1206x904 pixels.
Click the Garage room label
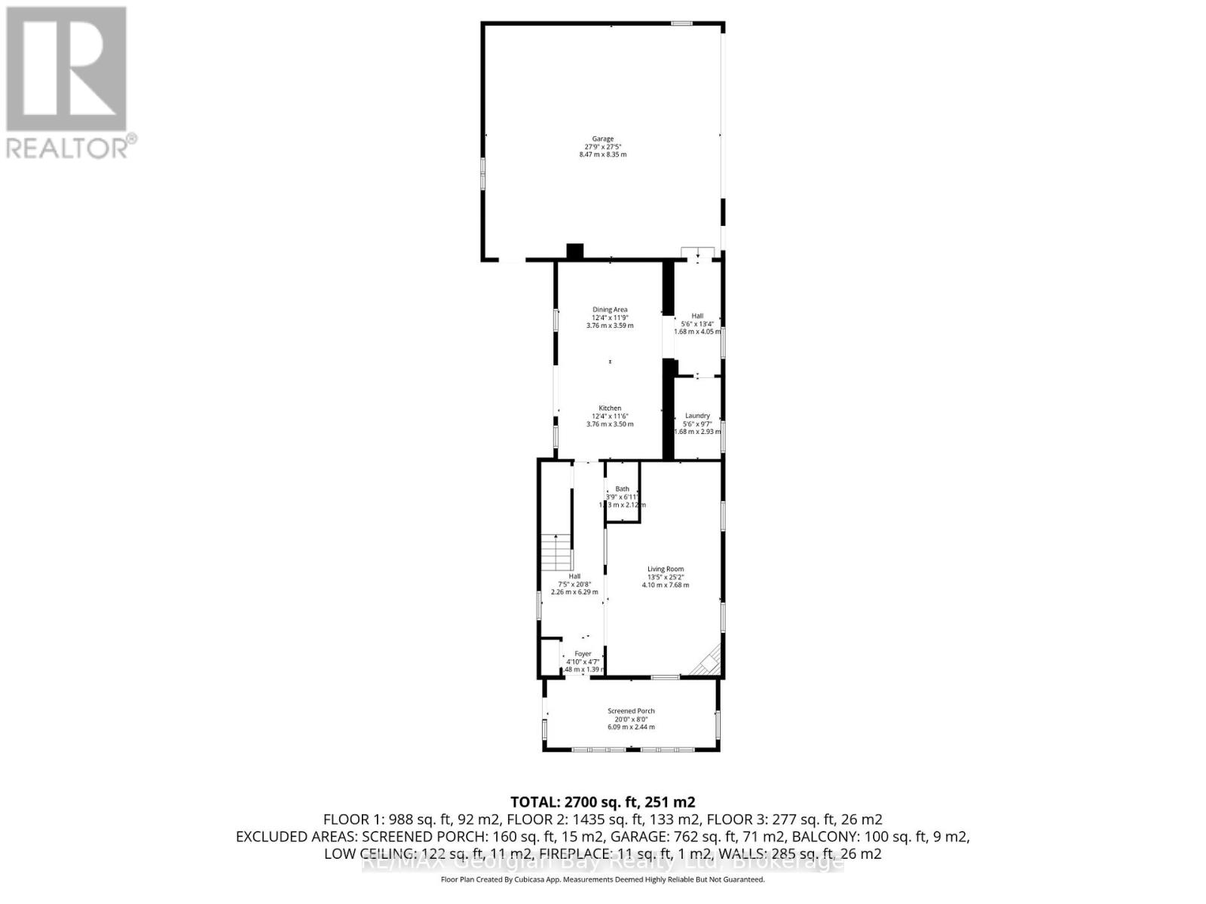tap(602, 139)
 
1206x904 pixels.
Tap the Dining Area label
tap(610, 310)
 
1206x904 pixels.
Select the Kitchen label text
tap(610, 408)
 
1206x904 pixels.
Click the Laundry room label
tap(697, 416)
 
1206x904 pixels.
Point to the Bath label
tap(622, 489)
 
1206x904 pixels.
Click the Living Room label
tap(666, 570)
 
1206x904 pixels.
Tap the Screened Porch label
tap(631, 711)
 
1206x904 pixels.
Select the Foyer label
tap(583, 654)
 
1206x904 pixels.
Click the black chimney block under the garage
tap(575, 252)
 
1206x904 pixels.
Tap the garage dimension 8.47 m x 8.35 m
tap(602, 154)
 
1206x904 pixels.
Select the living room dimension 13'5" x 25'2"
tap(666, 577)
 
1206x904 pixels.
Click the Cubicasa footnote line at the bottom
tap(602, 880)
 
